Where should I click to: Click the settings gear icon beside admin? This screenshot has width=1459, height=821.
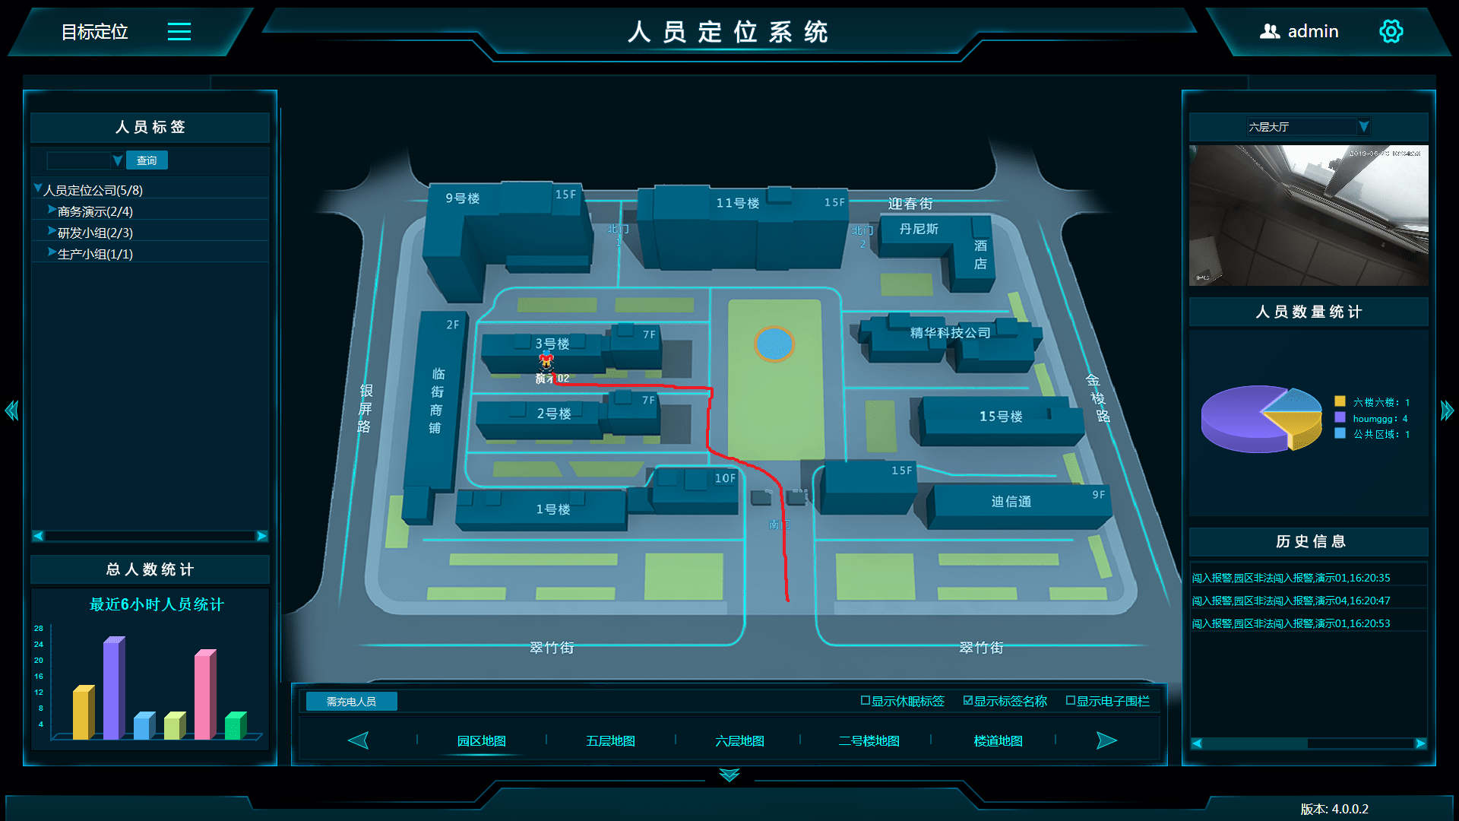pos(1391,32)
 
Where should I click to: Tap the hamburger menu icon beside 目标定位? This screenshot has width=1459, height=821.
pos(179,32)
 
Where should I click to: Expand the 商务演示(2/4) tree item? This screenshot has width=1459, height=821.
pos(52,210)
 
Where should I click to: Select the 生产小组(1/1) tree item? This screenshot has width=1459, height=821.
pos(95,254)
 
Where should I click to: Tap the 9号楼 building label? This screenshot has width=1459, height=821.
pos(463,198)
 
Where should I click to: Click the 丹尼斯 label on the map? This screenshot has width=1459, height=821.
pos(919,229)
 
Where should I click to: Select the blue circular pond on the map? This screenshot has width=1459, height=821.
pos(774,344)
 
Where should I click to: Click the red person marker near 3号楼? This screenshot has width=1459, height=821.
pos(546,362)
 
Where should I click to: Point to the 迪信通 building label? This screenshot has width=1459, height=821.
pos(1011,502)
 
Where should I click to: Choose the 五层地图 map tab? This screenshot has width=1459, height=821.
pos(610,741)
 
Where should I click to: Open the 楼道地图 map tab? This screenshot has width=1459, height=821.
pos(998,741)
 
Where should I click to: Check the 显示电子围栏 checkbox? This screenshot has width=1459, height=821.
pos(1071,701)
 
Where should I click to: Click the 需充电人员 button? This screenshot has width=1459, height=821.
pos(351,702)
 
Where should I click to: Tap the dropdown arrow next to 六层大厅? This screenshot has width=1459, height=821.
pos(1364,127)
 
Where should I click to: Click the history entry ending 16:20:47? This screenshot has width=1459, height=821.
pos(1290,601)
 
